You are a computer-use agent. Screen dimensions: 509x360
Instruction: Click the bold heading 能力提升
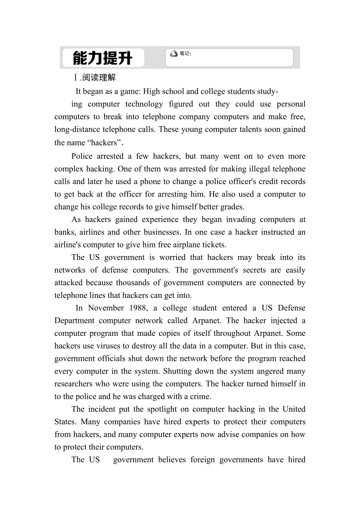click(103, 58)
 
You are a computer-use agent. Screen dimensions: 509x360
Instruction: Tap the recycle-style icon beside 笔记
click(174, 54)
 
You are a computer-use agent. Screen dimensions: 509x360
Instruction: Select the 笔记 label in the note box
click(185, 54)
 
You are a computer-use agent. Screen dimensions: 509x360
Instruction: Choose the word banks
click(65, 232)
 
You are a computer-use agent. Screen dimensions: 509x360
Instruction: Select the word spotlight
click(175, 409)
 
